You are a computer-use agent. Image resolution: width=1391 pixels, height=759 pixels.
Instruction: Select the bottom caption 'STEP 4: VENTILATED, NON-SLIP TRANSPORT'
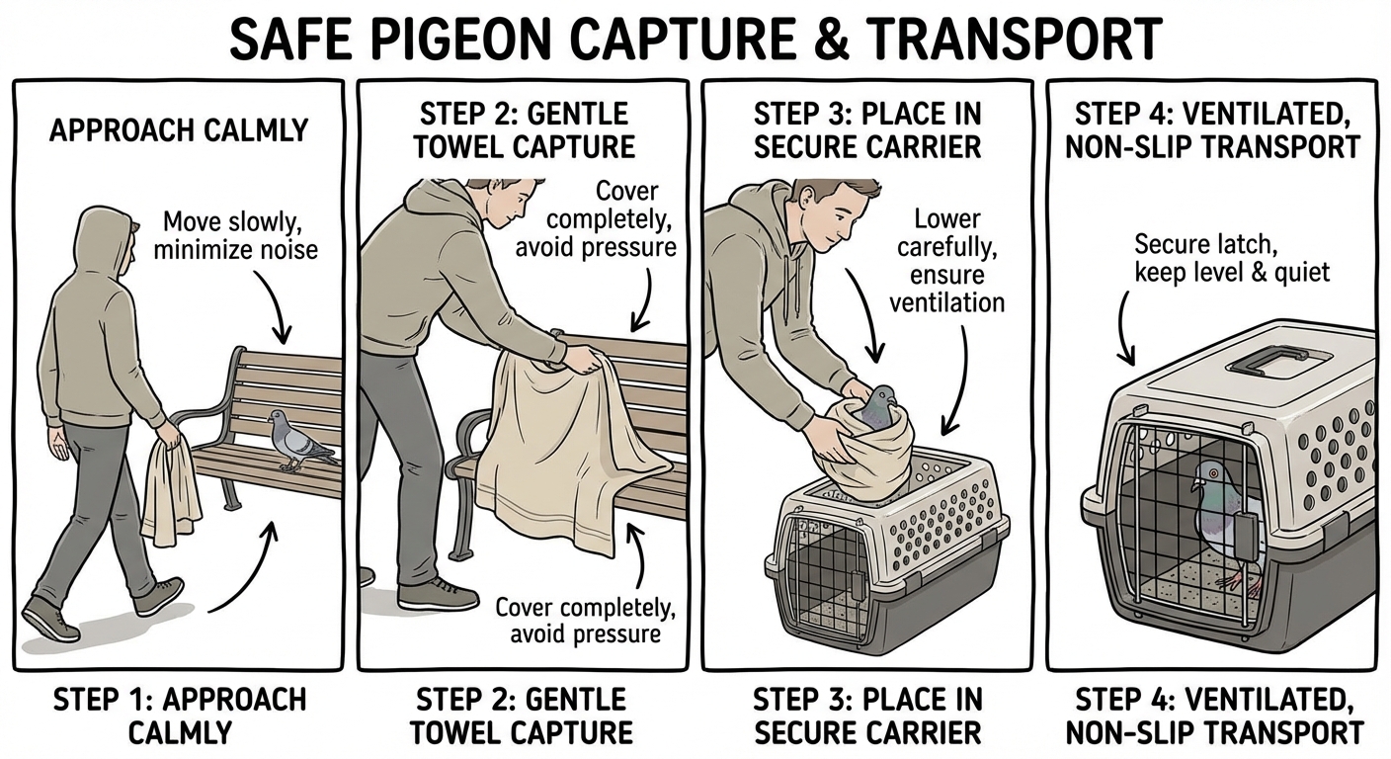click(1218, 716)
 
